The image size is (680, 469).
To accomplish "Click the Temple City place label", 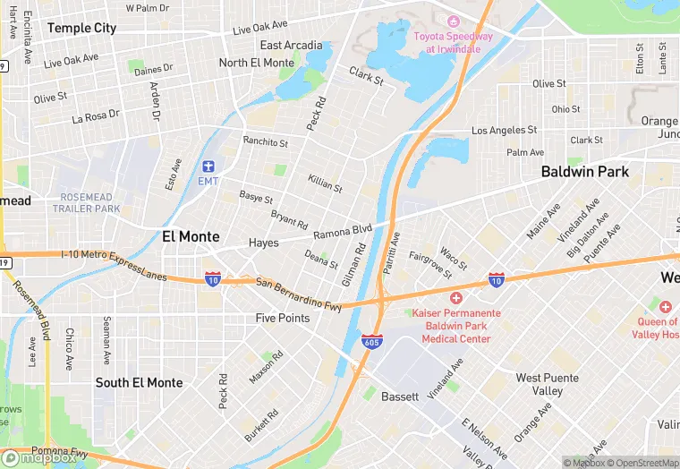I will tap(81, 28).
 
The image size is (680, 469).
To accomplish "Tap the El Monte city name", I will tap(192, 236).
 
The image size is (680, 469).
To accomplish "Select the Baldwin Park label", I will tap(585, 171).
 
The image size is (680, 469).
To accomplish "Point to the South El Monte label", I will tap(139, 382).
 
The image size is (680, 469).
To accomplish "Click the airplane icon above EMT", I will tap(208, 166).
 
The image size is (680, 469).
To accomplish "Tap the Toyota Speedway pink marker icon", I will tap(453, 21).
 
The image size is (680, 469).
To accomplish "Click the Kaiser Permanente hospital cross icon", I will tap(455, 297).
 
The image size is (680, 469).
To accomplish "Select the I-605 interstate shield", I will tap(373, 341).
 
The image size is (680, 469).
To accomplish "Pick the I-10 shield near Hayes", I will tap(213, 278).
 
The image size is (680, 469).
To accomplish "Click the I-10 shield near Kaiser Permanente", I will tap(496, 280).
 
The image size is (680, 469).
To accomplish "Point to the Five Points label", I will tap(283, 318).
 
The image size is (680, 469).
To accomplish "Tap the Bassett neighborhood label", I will tap(400, 396).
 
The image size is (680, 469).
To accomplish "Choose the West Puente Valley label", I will tap(540, 385).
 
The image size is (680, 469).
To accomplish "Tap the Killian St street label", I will tap(325, 183).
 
